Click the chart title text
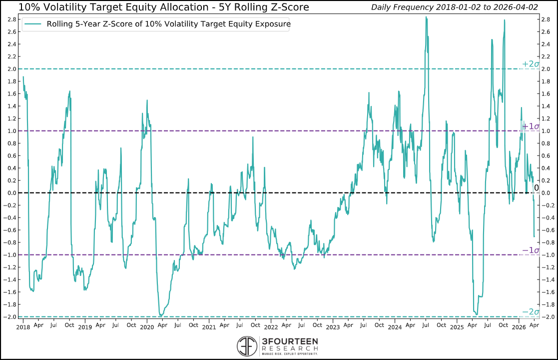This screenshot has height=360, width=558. [163, 7]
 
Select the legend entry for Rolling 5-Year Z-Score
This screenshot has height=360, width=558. [168, 24]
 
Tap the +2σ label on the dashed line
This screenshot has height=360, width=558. [530, 64]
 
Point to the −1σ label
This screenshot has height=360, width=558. [530, 250]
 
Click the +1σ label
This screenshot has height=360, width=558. [530, 126]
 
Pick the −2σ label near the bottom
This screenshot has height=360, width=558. [530, 312]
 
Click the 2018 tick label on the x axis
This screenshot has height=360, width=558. [23, 327]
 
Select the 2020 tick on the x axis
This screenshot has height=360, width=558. [147, 327]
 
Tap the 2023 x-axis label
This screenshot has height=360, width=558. [333, 327]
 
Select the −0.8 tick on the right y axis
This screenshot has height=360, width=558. [548, 242]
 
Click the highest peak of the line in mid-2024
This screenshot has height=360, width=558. [426, 17]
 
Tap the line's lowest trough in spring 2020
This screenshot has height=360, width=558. [160, 315]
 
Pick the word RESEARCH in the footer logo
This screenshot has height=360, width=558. [289, 348]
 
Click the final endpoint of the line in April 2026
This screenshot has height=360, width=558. [534, 236]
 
